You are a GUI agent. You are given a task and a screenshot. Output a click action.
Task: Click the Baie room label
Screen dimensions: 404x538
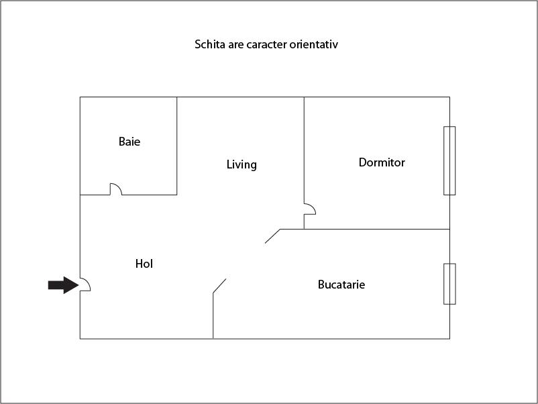click(x=129, y=142)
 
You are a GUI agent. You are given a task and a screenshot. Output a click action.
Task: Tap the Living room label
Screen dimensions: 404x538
click(x=241, y=164)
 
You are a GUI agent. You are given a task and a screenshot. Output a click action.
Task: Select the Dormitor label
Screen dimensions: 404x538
click(x=382, y=162)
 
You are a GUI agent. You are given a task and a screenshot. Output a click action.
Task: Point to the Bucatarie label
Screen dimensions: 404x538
click(x=341, y=285)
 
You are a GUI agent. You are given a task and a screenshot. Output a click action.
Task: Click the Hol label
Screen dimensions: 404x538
click(x=144, y=264)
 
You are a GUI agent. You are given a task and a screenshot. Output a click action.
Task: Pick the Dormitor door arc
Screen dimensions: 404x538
click(x=311, y=209)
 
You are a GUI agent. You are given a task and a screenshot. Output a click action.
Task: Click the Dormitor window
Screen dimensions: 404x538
click(x=449, y=160)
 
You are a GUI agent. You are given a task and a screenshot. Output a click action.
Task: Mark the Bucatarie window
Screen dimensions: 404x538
click(x=449, y=283)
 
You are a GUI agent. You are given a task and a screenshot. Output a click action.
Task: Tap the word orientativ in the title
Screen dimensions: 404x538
click(x=321, y=46)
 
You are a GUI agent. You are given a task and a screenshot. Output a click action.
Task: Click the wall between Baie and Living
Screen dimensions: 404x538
click(x=177, y=146)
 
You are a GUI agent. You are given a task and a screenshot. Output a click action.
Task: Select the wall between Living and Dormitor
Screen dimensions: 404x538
click(x=304, y=148)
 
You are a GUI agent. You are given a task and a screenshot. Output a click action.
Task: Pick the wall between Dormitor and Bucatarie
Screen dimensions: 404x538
click(x=376, y=229)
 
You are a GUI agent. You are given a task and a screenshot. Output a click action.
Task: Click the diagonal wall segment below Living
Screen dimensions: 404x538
click(x=272, y=236)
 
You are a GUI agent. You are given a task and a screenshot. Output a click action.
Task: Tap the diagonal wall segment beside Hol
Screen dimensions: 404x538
click(x=219, y=286)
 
